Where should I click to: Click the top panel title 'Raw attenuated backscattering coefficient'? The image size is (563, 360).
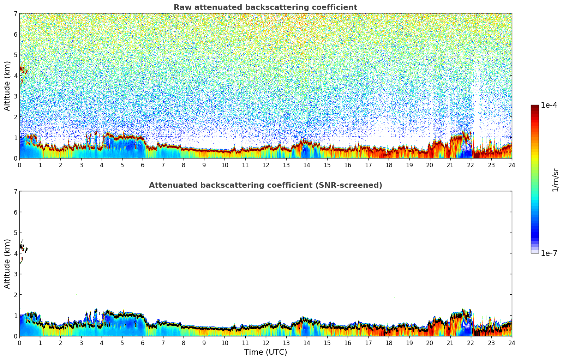click(x=265, y=7)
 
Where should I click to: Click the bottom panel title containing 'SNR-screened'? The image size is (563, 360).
click(x=265, y=185)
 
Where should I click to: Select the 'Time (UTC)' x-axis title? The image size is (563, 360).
click(x=265, y=352)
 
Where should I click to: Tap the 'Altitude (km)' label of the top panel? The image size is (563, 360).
click(x=7, y=86)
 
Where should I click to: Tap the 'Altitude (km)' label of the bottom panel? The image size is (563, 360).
click(x=7, y=264)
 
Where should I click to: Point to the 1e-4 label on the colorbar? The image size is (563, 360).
click(x=549, y=105)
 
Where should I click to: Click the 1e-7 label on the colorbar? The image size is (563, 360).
click(x=549, y=253)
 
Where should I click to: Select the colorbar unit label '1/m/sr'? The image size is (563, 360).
click(x=555, y=180)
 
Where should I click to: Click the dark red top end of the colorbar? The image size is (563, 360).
click(x=535, y=107)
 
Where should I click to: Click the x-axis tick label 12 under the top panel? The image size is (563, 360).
click(x=265, y=165)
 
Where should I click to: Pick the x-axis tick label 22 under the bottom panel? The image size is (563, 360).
click(x=471, y=343)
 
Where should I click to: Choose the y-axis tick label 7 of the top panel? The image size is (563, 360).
click(x=16, y=14)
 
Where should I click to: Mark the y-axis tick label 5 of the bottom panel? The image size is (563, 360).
click(x=16, y=233)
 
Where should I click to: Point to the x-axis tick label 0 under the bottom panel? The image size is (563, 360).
click(x=19, y=343)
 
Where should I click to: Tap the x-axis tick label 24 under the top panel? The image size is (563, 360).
click(x=511, y=165)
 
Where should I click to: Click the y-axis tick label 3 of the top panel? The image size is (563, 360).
click(x=16, y=96)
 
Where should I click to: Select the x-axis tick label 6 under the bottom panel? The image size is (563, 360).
click(x=143, y=343)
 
